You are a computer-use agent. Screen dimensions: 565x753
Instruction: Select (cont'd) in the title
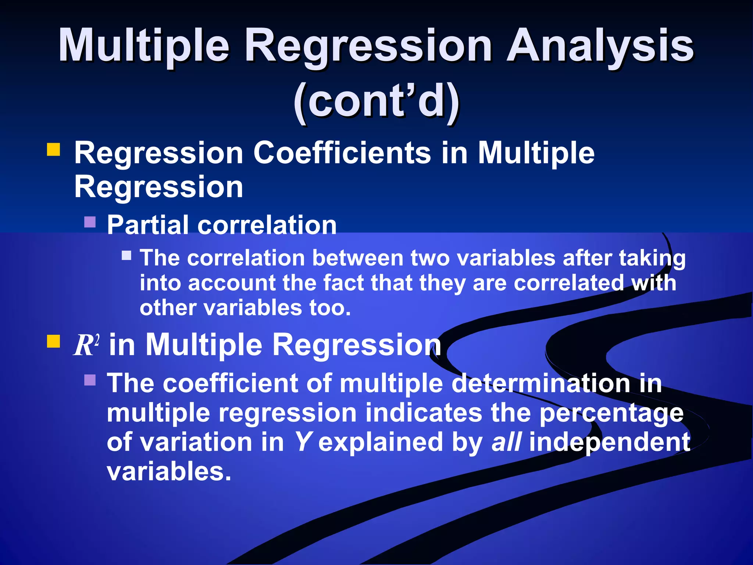point(376,101)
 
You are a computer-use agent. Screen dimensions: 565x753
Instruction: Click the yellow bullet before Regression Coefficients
point(53,150)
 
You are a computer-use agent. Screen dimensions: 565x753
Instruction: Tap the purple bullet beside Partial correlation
point(90,222)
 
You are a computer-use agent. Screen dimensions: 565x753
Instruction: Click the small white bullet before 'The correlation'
point(126,255)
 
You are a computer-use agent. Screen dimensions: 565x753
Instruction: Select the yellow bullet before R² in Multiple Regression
point(53,341)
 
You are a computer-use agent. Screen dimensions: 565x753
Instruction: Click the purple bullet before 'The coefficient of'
point(90,380)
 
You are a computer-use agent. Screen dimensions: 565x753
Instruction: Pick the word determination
point(540,383)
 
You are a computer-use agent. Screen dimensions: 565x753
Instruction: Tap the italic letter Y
point(303,442)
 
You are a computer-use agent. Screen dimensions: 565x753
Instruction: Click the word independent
point(609,442)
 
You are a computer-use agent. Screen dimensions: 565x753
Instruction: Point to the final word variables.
point(169,472)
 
